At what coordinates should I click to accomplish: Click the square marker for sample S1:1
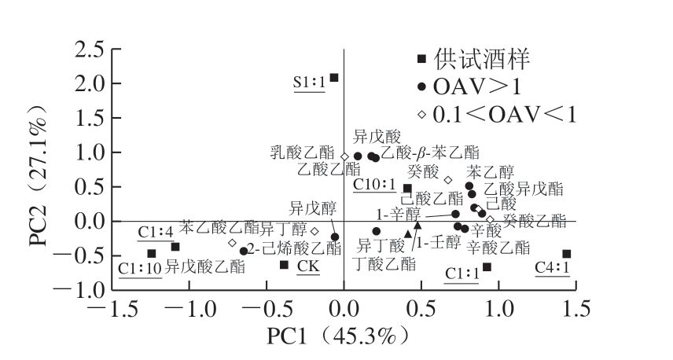(334, 77)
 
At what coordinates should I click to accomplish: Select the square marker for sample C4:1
(566, 254)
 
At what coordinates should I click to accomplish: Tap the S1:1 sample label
(310, 81)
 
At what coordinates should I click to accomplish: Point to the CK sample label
(308, 267)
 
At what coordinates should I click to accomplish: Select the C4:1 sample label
(553, 268)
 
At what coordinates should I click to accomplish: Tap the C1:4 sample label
(155, 232)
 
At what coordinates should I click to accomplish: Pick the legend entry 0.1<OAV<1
(503, 115)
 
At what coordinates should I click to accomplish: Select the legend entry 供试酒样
(484, 58)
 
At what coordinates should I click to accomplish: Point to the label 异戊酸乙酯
(205, 267)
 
